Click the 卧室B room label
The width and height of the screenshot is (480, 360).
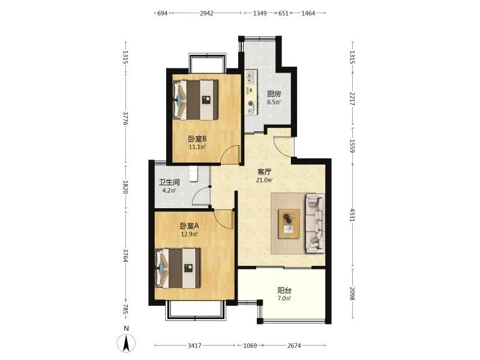click(197, 139)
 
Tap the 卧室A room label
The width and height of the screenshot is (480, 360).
click(189, 226)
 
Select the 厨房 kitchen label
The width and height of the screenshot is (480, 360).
click(274, 94)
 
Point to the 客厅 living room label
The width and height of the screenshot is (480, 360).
click(265, 172)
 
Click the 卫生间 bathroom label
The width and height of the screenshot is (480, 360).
click(169, 182)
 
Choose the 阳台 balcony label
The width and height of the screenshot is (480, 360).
click(284, 290)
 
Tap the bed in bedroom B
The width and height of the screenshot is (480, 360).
click(196, 100)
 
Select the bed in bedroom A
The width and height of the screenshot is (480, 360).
click(178, 268)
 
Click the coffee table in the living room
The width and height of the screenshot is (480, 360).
click(289, 223)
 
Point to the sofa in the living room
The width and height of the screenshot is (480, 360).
click(314, 223)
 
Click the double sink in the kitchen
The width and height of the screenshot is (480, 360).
click(251, 77)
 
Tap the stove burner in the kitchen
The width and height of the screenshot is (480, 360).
click(251, 108)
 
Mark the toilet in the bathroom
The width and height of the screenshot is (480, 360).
click(193, 174)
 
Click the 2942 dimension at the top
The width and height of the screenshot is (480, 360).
click(206, 13)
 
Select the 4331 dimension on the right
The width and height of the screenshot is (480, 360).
click(352, 215)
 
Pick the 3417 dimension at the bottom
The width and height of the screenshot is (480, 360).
click(194, 346)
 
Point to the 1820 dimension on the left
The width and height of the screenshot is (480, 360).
click(125, 187)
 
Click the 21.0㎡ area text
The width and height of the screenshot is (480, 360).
click(265, 180)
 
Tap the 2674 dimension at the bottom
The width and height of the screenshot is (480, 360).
click(294, 346)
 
